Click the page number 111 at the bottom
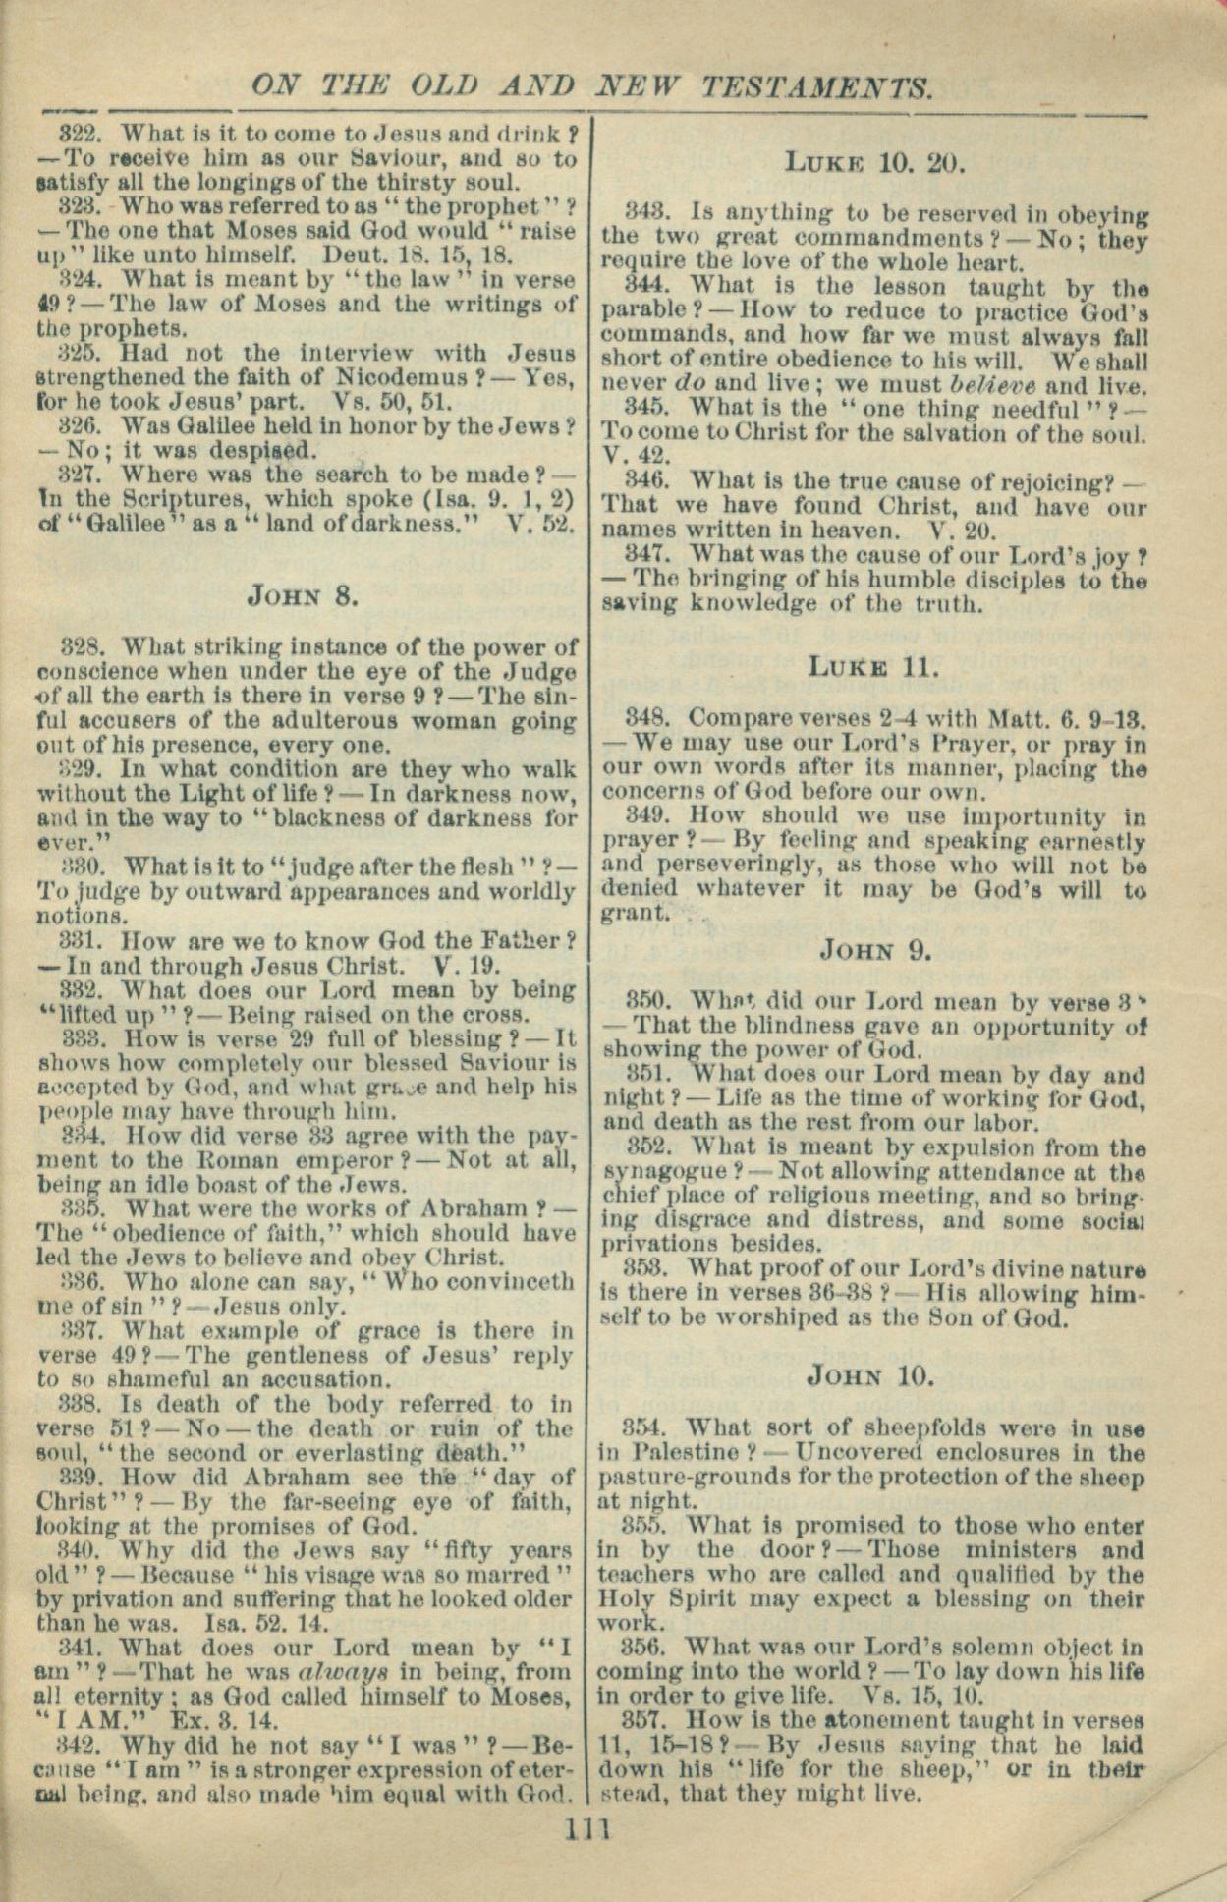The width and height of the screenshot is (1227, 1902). click(588, 1828)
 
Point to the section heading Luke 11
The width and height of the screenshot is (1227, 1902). click(873, 668)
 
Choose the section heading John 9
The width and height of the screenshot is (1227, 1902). click(874, 950)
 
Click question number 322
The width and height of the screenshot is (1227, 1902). click(77, 134)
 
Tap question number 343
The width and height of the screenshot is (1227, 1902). click(645, 213)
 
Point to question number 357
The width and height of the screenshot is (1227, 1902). click(643, 1720)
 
